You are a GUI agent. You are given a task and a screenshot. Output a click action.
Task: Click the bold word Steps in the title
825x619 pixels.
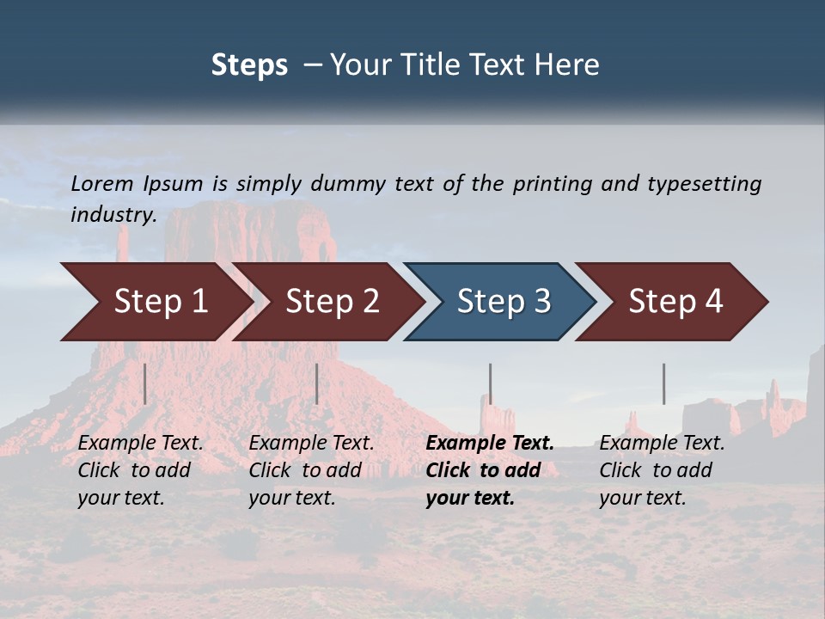(x=249, y=65)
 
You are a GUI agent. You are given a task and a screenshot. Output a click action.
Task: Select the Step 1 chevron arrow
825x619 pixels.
(x=155, y=301)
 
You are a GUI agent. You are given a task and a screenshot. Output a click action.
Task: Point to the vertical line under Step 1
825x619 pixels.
(x=145, y=383)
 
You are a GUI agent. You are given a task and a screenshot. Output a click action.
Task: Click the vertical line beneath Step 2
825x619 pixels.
(x=317, y=383)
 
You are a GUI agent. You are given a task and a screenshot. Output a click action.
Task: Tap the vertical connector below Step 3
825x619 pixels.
(x=491, y=383)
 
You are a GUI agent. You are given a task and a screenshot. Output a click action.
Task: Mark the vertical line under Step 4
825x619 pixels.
(x=663, y=383)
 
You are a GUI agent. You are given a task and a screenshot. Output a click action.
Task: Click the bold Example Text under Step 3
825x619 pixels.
(x=490, y=444)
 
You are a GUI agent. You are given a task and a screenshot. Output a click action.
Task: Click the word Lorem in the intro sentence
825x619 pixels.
(x=102, y=184)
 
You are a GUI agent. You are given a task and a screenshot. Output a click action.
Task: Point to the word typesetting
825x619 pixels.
(x=704, y=184)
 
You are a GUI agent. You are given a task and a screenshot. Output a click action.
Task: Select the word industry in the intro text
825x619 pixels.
(x=112, y=215)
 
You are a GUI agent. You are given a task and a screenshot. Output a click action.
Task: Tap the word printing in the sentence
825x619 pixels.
(x=553, y=184)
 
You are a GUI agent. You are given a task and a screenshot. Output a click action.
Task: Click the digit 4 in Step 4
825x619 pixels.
(x=713, y=301)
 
